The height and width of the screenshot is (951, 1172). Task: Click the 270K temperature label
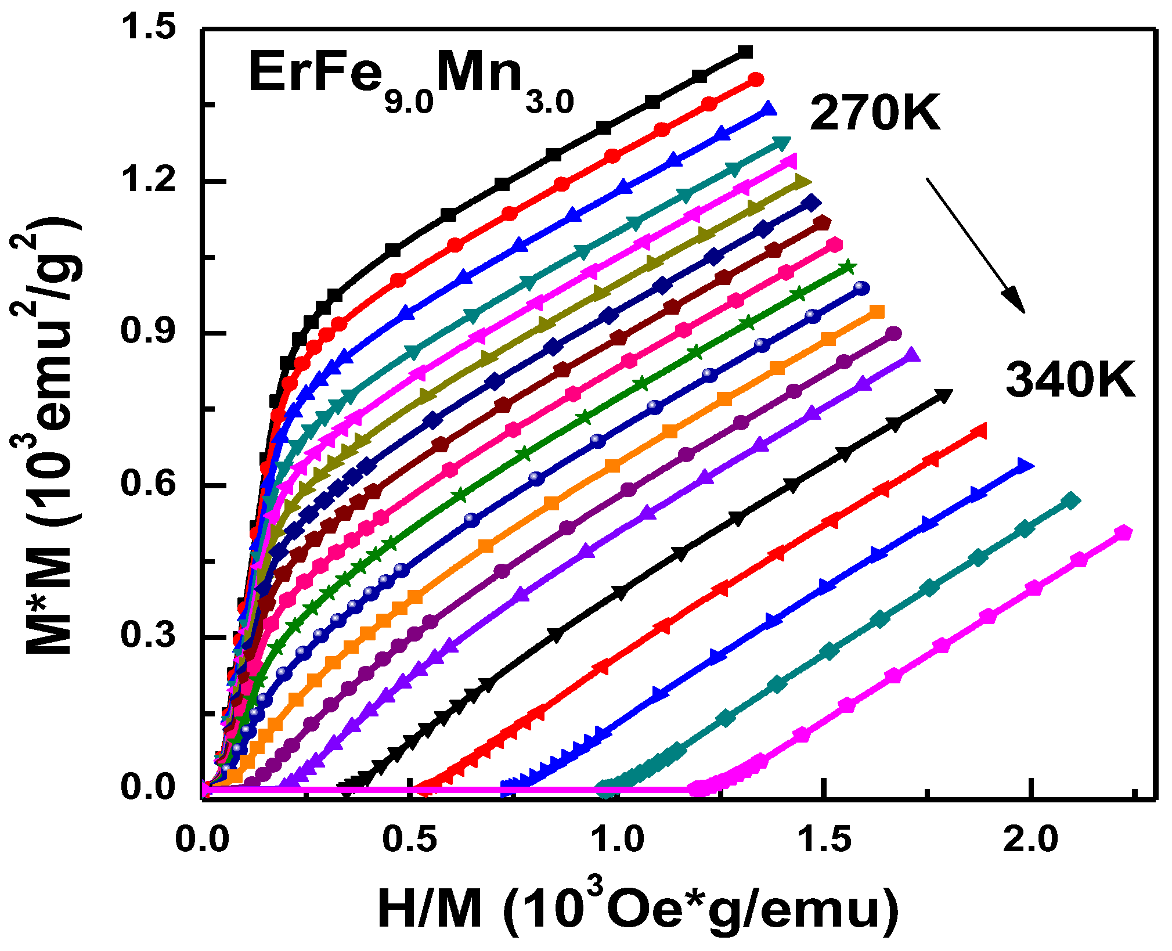point(874,113)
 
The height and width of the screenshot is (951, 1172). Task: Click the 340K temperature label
point(1070,380)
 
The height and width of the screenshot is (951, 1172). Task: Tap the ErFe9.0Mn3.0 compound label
point(410,80)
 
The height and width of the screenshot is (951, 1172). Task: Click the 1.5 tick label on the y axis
point(147,28)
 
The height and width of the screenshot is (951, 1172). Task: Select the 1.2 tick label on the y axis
point(147,180)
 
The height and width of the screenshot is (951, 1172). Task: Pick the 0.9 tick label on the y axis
point(147,332)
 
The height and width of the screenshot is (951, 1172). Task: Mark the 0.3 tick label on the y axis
point(147,636)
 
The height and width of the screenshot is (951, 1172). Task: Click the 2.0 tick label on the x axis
point(1031,840)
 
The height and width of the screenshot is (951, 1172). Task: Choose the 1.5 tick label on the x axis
point(824,840)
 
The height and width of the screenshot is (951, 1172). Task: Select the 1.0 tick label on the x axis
point(617,840)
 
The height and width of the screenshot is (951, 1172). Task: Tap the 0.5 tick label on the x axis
point(410,840)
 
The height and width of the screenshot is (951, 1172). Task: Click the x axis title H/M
point(637,910)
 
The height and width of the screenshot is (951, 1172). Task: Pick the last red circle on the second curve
point(756,80)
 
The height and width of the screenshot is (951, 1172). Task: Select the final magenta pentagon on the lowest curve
point(1124,532)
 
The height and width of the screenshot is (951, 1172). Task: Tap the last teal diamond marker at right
point(1071,500)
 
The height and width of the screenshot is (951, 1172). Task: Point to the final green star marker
point(848,267)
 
